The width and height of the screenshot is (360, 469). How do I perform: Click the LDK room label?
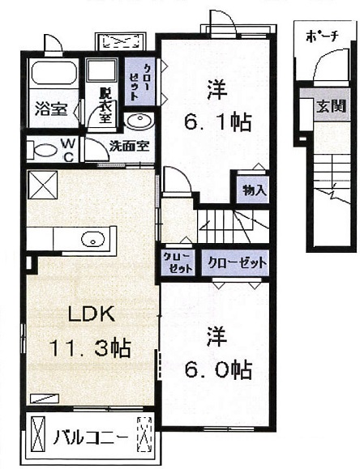coord(92,313)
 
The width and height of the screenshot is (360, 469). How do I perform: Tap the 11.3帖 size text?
coord(91,347)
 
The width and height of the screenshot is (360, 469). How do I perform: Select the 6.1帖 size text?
coord(217,122)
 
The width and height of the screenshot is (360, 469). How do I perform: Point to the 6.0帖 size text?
coord(217,369)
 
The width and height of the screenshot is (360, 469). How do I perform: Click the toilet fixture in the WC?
coord(42,150)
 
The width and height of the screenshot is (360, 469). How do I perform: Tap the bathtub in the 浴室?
coord(54,74)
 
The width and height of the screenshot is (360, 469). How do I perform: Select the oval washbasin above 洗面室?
coord(139,122)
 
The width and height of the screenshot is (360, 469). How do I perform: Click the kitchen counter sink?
coord(93,239)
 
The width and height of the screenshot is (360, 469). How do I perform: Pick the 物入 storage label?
coord(255,190)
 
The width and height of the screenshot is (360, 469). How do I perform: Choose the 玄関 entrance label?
coord(332,105)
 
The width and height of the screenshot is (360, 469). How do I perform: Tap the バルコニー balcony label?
coord(90,438)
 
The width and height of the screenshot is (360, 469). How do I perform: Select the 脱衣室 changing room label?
coord(105,105)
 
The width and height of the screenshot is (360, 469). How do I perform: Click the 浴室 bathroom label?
coord(50,109)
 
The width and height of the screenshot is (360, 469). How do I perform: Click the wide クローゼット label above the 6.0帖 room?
coord(237,262)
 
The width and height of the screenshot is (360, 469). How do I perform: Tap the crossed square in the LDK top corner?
coord(42,185)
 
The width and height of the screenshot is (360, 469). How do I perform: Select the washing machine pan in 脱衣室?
coord(101,70)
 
